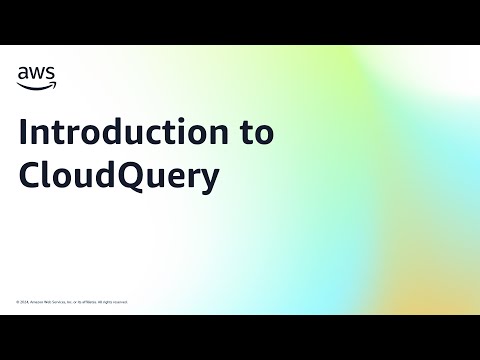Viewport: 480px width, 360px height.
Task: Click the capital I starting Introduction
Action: point(24,134)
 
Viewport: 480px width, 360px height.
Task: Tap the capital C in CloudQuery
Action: point(30,174)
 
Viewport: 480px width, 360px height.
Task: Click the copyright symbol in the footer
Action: point(18,301)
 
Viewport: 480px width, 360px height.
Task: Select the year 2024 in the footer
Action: point(24,301)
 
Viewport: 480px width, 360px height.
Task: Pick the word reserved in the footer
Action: point(121,301)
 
